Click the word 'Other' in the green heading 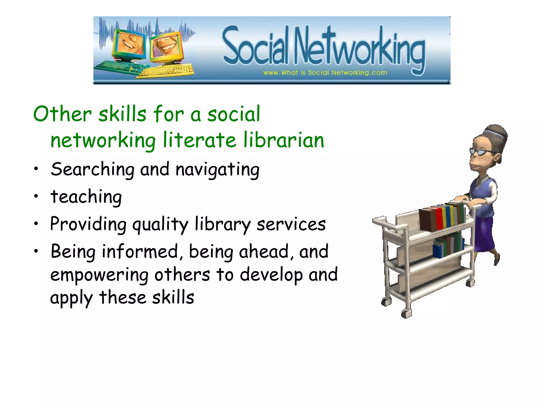[62, 114]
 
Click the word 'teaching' [86, 197]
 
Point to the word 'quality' [160, 224]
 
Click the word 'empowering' [99, 275]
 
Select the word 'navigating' [218, 170]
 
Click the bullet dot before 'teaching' [36, 196]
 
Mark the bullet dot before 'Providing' [36, 223]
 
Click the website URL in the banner [325, 73]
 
